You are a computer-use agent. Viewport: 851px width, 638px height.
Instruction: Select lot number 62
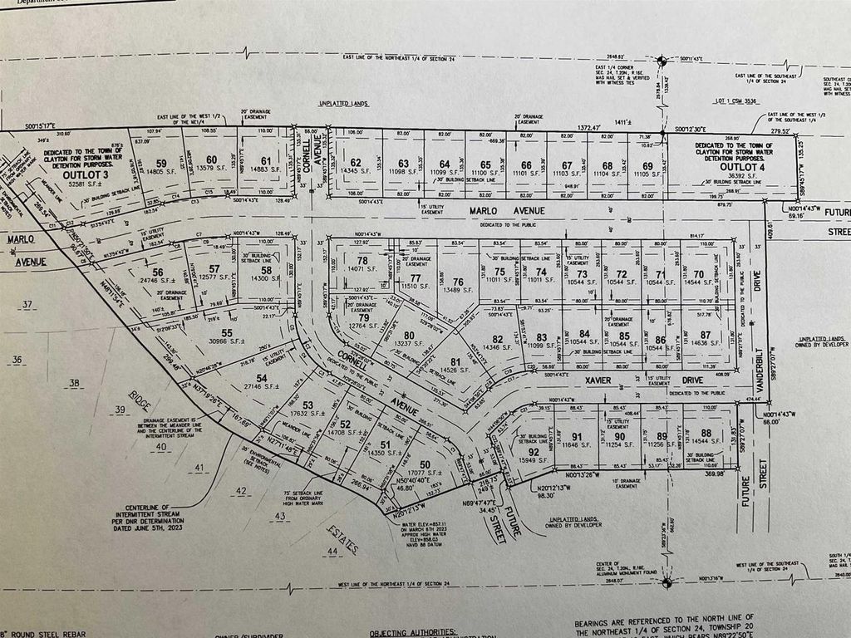click(x=355, y=163)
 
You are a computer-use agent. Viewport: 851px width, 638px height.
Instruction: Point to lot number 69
click(x=647, y=165)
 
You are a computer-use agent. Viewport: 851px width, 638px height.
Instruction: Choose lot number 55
click(x=226, y=332)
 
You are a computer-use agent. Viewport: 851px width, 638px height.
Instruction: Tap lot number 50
click(x=425, y=464)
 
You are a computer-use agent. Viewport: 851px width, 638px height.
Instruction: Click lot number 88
click(x=706, y=433)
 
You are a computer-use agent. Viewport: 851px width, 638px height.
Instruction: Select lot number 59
click(x=161, y=162)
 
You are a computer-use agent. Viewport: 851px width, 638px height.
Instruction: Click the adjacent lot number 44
click(x=332, y=551)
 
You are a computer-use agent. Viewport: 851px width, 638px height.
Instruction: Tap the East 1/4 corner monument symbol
click(x=662, y=61)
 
